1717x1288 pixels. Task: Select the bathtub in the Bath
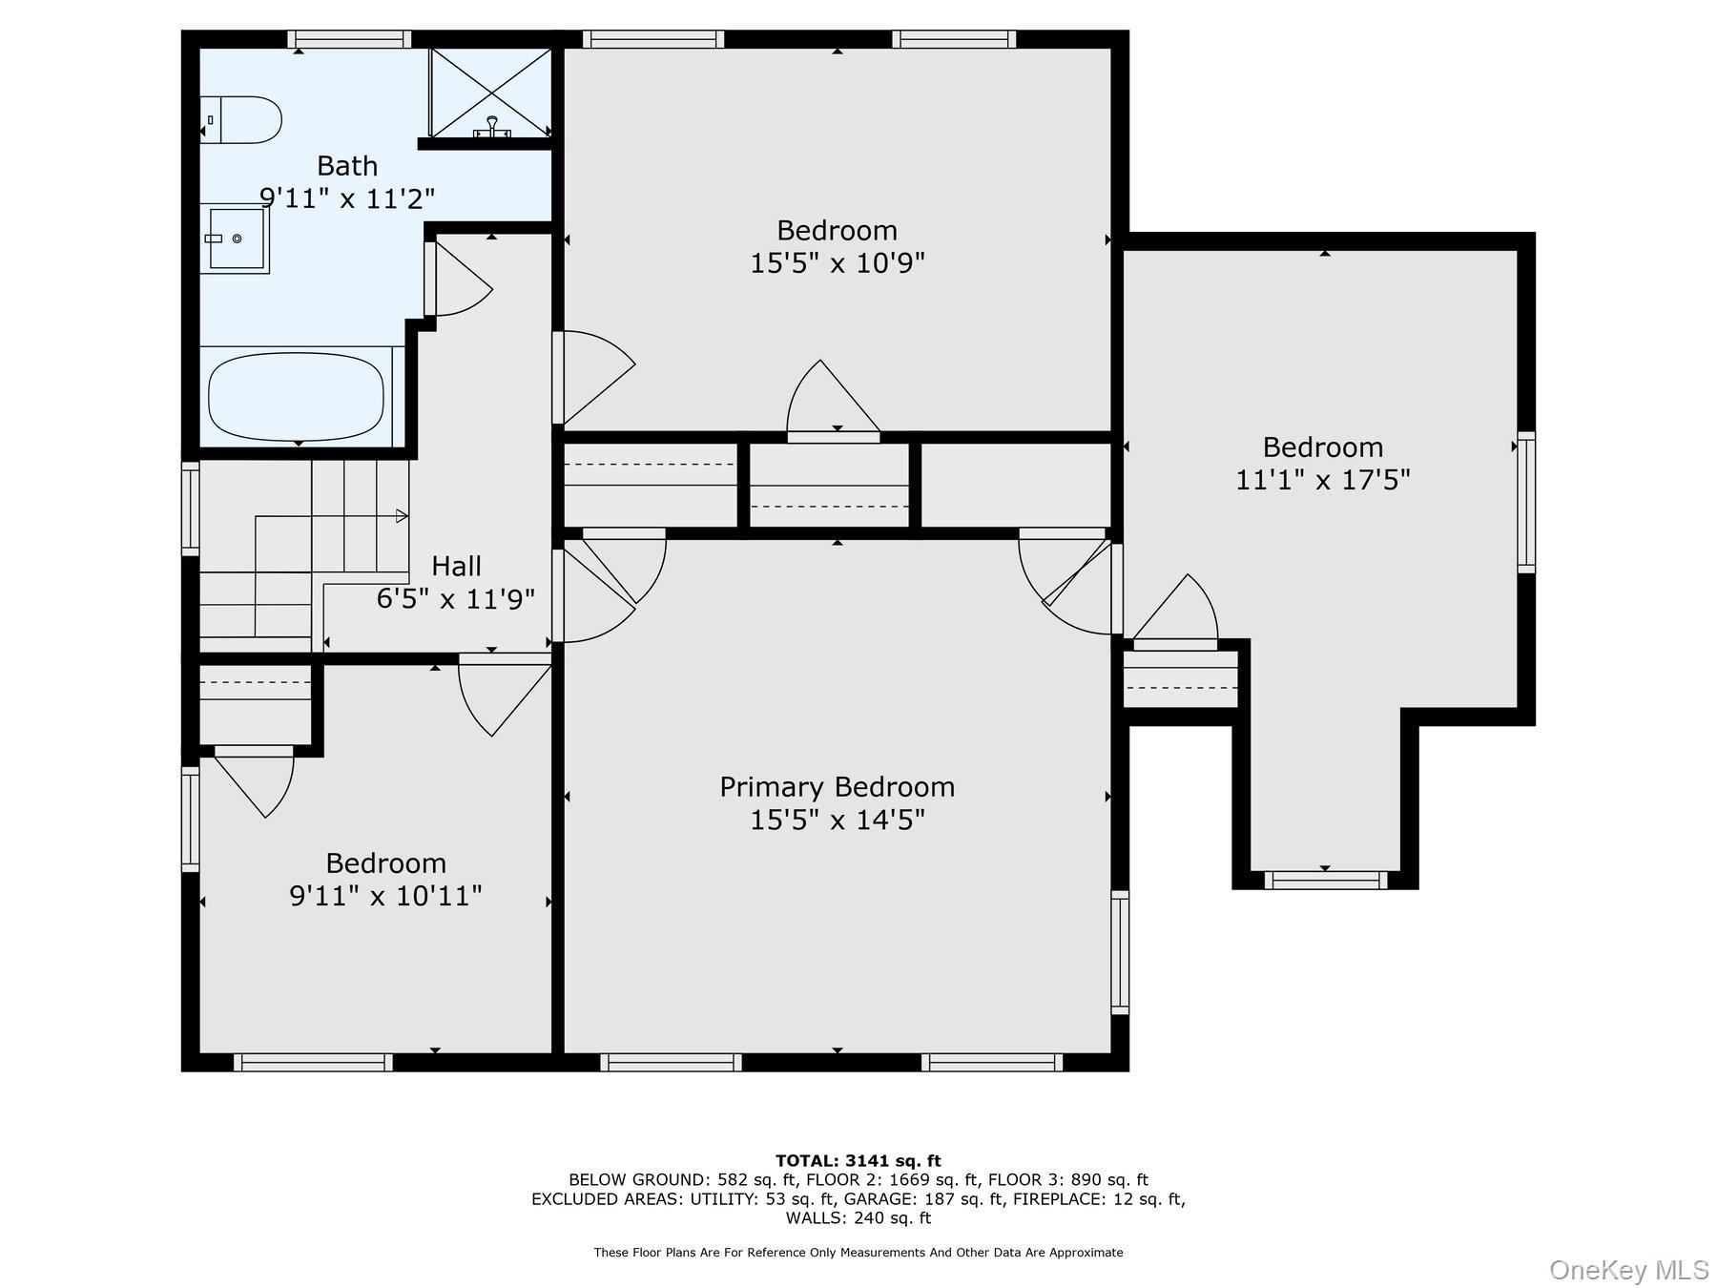[297, 397]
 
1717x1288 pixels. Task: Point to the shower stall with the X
[490, 93]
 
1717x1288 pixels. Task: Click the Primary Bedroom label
[837, 787]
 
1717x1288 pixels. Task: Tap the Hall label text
[456, 566]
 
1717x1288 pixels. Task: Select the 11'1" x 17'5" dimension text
[1322, 479]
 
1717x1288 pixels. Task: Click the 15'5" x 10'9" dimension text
[838, 262]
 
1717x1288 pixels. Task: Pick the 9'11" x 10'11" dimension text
[385, 896]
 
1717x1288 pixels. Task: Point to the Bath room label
[347, 166]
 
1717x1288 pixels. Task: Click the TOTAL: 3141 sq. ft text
[858, 1160]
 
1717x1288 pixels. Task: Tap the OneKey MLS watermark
[1629, 1270]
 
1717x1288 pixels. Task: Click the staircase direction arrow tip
[407, 516]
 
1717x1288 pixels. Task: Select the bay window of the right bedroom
[1326, 880]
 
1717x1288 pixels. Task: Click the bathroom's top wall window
[350, 39]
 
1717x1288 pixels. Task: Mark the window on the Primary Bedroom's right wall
[1120, 952]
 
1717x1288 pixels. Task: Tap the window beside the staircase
[191, 509]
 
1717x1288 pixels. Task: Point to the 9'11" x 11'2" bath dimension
[347, 198]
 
